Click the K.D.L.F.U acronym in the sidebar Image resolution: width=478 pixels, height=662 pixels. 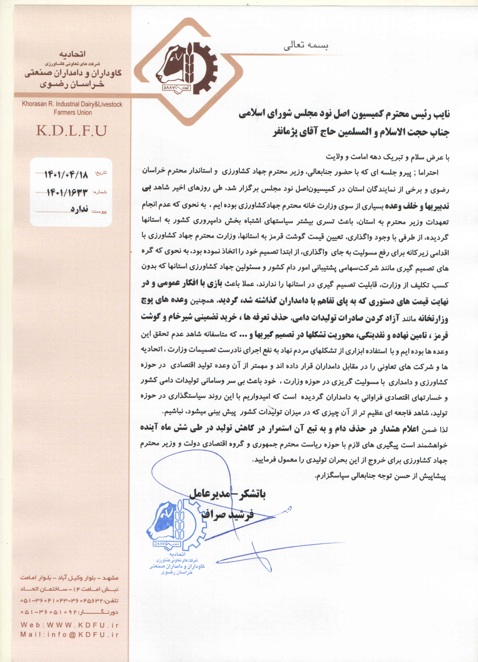(x=72, y=131)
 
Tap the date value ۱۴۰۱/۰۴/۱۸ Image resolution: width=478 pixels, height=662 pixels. (x=66, y=175)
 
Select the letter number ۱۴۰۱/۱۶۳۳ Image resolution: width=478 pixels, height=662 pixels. (x=67, y=192)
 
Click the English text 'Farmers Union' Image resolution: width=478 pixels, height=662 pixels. (x=72, y=112)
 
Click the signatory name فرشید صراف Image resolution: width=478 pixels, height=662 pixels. (x=227, y=514)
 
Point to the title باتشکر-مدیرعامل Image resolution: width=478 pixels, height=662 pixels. (x=227, y=494)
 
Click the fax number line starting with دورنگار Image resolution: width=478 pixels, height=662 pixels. (x=69, y=612)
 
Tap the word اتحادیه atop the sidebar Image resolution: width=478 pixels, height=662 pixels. (x=72, y=54)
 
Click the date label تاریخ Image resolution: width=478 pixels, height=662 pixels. (x=101, y=173)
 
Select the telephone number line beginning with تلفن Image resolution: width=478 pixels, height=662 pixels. (x=69, y=600)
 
